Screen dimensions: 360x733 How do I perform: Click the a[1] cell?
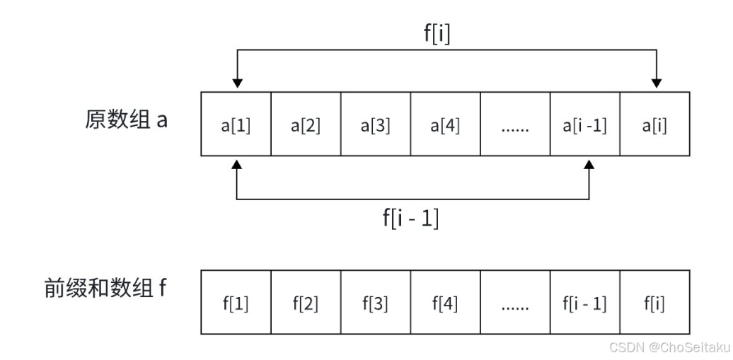click(x=236, y=126)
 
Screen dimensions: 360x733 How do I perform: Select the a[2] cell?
click(x=306, y=126)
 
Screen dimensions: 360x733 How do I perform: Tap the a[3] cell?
click(x=376, y=126)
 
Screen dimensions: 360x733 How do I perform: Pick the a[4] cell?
click(x=446, y=126)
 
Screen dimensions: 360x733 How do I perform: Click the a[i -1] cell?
click(x=585, y=126)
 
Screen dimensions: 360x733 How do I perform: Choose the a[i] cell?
click(x=654, y=126)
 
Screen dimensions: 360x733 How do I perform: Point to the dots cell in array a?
click(x=515, y=126)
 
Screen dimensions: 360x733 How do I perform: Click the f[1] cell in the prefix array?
click(x=236, y=303)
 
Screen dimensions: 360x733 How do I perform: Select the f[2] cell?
click(x=306, y=303)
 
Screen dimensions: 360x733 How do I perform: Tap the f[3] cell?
click(x=376, y=303)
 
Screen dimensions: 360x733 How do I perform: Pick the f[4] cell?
click(x=446, y=303)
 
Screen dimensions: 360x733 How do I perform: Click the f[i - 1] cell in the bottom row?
click(x=585, y=303)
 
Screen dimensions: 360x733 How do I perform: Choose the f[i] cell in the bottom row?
click(x=654, y=303)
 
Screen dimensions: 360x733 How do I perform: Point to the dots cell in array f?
click(x=515, y=303)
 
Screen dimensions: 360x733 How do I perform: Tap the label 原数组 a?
click(x=126, y=119)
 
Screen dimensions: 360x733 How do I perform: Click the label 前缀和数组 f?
click(x=105, y=289)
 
